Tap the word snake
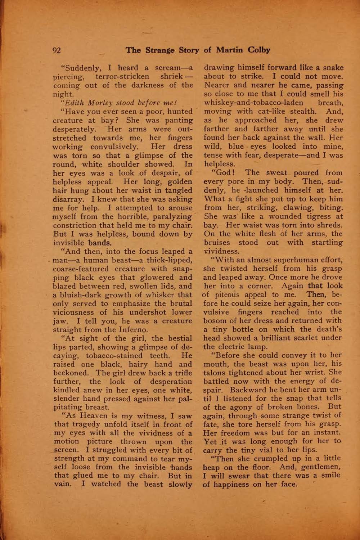click(333, 68)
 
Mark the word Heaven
click(89, 416)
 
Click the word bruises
click(217, 242)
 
